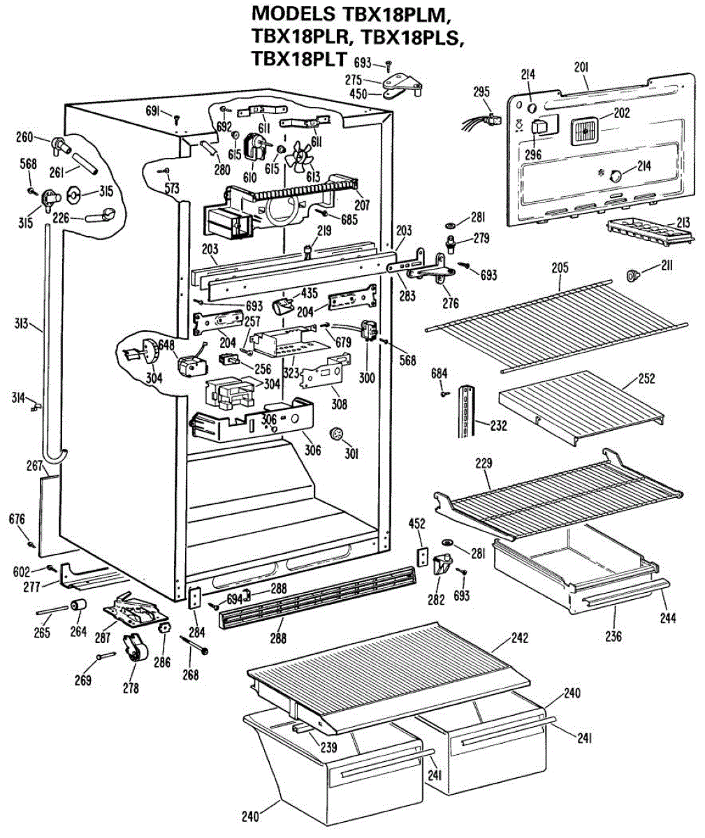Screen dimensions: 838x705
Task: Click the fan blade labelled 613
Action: click(x=303, y=159)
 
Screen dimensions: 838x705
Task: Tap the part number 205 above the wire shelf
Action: click(x=560, y=267)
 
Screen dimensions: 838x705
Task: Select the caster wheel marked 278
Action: click(x=133, y=649)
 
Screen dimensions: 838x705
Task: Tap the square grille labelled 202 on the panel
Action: click(x=583, y=130)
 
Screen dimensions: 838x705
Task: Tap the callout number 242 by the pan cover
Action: click(x=518, y=638)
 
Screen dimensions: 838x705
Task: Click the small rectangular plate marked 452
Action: click(x=421, y=556)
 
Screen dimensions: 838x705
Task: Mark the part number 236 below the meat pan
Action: click(x=614, y=636)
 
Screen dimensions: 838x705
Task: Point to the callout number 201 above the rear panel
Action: click(x=581, y=67)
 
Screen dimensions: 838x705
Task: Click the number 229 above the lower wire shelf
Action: click(x=484, y=463)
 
